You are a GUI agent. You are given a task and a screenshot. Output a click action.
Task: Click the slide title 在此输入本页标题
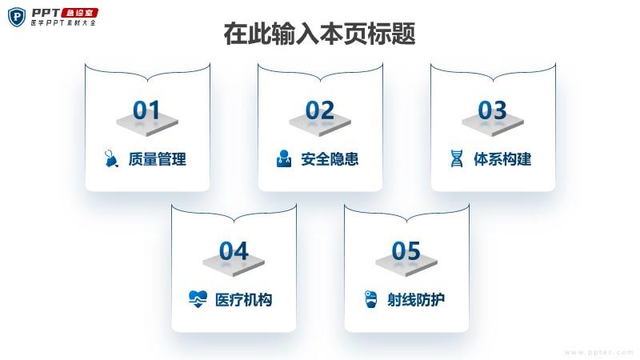click(x=319, y=34)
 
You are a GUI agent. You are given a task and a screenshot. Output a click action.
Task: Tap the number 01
click(x=146, y=110)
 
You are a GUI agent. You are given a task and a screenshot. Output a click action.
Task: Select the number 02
click(x=319, y=110)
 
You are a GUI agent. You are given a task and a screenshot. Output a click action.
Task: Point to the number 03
click(x=492, y=110)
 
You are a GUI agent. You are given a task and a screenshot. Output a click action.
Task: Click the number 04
click(x=234, y=250)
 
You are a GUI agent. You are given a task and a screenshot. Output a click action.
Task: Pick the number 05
click(x=406, y=250)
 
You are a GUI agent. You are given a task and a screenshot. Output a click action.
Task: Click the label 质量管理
click(x=157, y=158)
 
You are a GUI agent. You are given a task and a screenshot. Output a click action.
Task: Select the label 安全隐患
click(x=330, y=158)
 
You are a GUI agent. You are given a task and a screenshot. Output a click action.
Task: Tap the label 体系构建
click(x=502, y=158)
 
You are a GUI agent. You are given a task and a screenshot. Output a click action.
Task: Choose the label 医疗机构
click(x=244, y=299)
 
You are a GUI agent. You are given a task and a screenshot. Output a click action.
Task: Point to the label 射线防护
click(x=416, y=299)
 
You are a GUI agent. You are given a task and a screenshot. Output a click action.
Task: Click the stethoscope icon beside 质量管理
click(x=111, y=158)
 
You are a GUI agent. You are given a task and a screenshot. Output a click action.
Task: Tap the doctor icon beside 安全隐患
click(x=284, y=158)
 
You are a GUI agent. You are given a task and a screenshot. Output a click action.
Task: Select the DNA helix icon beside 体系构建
click(x=457, y=158)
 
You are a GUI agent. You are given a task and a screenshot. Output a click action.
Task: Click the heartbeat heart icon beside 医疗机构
click(x=198, y=299)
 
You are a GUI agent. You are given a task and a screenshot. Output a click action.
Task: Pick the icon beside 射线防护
click(x=370, y=299)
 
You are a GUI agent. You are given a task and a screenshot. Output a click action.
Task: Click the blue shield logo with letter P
click(x=17, y=17)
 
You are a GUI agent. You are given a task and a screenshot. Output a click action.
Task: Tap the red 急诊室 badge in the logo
click(x=79, y=13)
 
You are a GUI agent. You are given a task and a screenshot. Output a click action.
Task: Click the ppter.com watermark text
click(x=599, y=352)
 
